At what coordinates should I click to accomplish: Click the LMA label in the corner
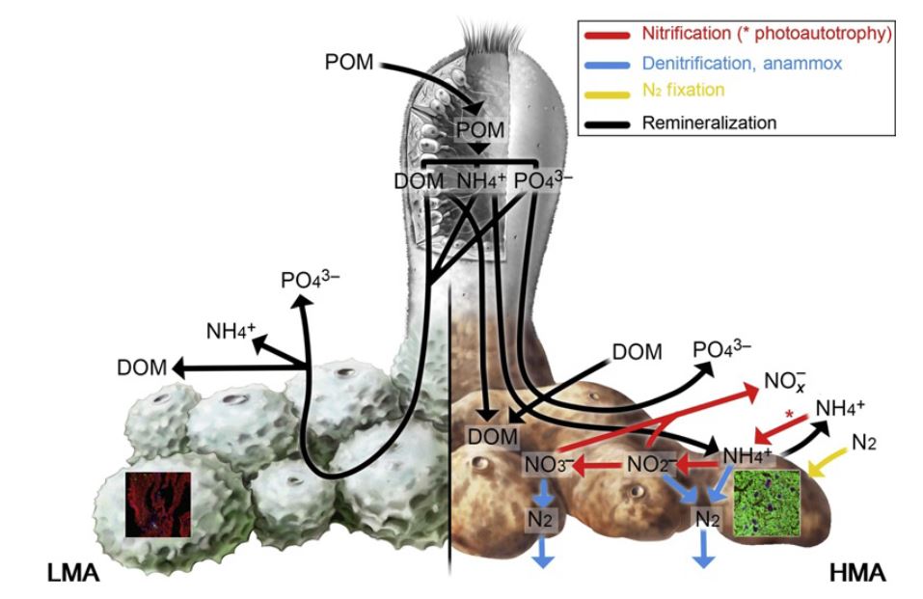click(x=72, y=577)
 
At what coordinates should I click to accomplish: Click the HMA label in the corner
click(x=857, y=577)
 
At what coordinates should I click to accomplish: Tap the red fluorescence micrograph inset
click(x=159, y=501)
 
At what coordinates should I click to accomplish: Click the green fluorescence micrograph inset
click(x=769, y=501)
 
